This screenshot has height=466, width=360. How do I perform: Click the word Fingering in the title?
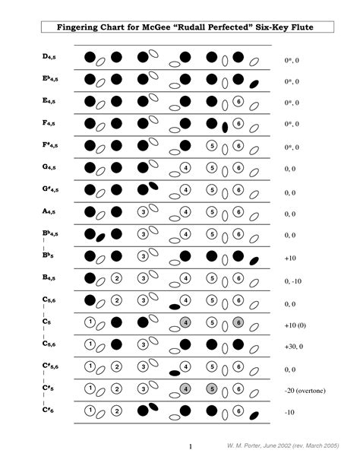tap(79, 28)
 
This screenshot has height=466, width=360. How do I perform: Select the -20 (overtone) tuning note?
tap(305, 391)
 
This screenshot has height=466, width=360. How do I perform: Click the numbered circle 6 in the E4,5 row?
tap(238, 101)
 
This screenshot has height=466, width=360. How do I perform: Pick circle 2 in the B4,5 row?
tap(116, 278)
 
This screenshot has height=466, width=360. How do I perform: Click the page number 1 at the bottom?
tap(190, 446)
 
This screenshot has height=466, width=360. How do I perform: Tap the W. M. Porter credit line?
tap(294, 447)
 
